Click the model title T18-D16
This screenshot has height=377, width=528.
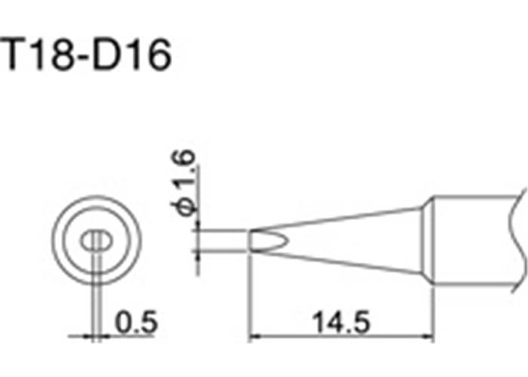[x=86, y=54]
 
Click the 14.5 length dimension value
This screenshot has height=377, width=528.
[x=341, y=322]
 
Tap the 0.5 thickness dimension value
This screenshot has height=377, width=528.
[x=136, y=322]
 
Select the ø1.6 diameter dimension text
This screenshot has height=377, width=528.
[x=183, y=182]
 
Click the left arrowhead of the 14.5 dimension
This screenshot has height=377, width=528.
[x=255, y=336]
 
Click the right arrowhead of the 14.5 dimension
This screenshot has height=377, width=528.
[x=428, y=336]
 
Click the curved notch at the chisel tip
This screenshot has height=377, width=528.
[x=269, y=241]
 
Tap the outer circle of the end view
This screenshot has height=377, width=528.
[x=97, y=196]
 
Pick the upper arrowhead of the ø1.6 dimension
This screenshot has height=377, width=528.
[x=198, y=226]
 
